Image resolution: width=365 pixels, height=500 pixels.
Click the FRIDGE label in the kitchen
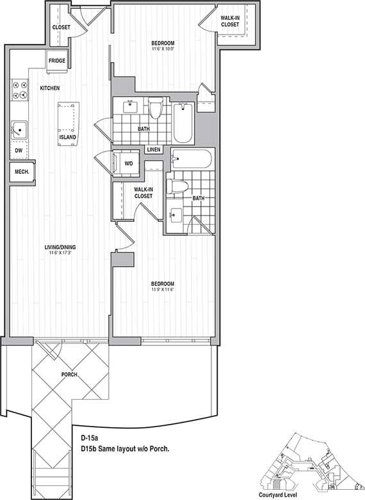coord(56,61)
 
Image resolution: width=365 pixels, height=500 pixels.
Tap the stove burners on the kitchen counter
coord(18,90)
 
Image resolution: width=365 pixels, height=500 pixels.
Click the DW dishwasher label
coord(18,150)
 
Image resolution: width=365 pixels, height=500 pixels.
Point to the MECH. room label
coord(22,171)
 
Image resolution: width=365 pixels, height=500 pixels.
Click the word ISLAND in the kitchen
coord(68,137)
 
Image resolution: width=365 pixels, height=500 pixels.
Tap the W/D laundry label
coord(128,164)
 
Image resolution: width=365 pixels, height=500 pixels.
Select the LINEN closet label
coord(154,150)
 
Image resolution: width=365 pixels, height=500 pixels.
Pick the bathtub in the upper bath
coord(182,123)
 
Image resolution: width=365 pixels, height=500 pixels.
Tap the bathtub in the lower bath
coord(193,159)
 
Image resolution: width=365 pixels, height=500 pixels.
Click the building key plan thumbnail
coord(308,460)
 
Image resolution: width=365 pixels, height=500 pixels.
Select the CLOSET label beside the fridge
coord(61,27)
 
